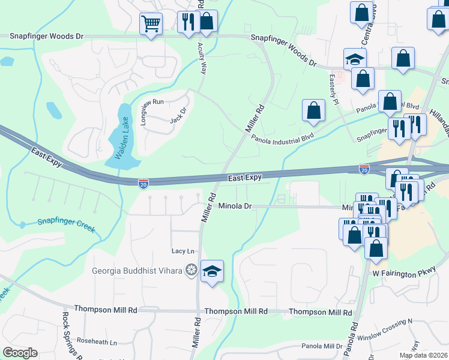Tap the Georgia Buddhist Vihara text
pos(137,271)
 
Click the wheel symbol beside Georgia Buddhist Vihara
pos(191,271)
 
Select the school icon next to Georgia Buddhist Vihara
pos(212,271)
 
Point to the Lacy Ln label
pos(183,251)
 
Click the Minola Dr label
pos(234,206)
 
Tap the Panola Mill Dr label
pos(322,346)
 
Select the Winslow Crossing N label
pos(385,329)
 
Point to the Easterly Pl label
pos(334,87)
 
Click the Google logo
pos(20,353)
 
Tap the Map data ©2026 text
pos(423,355)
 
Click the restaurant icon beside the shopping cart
pos(188,22)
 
